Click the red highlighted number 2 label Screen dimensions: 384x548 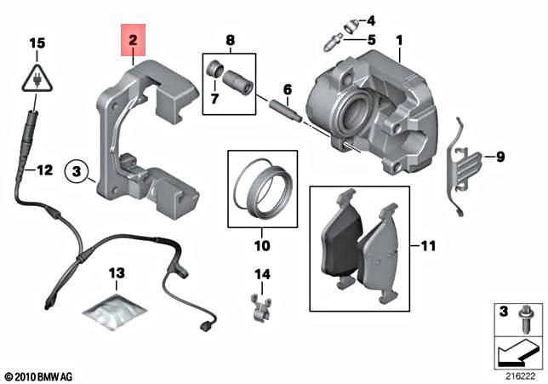click(x=132, y=40)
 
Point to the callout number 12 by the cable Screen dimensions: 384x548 click(x=44, y=170)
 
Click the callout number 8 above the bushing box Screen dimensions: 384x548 click(x=230, y=40)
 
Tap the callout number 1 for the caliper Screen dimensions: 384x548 click(x=399, y=40)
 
